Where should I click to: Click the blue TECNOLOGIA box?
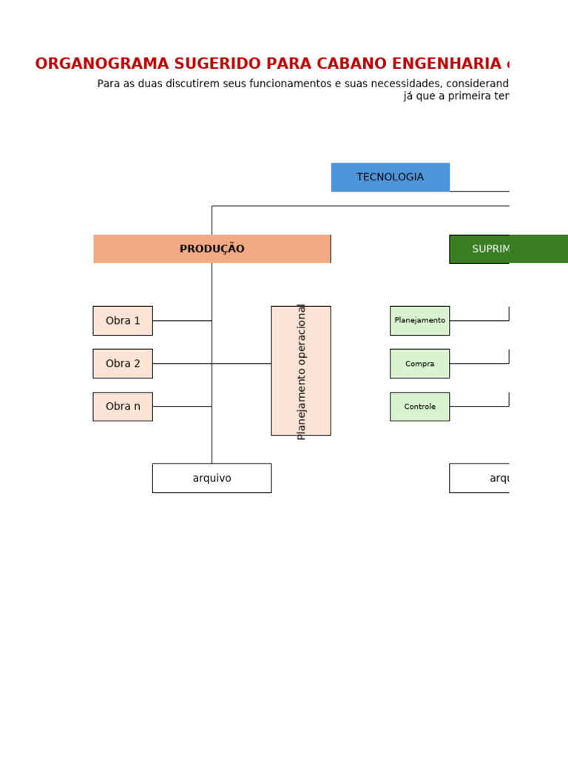click(390, 177)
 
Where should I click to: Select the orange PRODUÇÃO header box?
click(212, 249)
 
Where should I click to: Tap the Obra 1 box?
click(123, 321)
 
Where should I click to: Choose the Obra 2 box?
click(123, 364)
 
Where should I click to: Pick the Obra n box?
click(123, 407)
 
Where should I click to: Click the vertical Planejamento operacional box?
click(301, 370)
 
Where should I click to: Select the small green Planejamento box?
click(419, 321)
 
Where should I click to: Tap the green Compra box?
click(419, 364)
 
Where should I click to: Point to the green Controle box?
click(419, 407)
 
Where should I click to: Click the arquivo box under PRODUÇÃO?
click(212, 478)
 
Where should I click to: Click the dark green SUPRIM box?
click(508, 249)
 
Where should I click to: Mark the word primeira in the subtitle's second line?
click(463, 96)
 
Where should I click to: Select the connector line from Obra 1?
click(182, 321)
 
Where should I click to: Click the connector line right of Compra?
click(479, 364)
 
